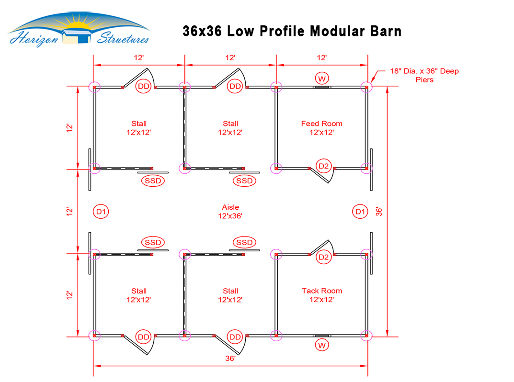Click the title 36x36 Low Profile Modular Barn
[x=292, y=31]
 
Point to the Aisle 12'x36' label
[x=230, y=212]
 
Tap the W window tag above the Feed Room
[x=321, y=78]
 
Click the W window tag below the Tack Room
[x=321, y=345]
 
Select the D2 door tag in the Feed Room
[x=324, y=166]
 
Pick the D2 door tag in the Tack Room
[x=324, y=257]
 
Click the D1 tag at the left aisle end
[x=100, y=211]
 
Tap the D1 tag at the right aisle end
[x=360, y=211]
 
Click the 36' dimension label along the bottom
[x=230, y=358]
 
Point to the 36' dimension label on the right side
[x=379, y=211]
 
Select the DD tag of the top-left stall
[x=143, y=86]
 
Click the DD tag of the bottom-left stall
[x=143, y=337]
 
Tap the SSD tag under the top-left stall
[x=152, y=180]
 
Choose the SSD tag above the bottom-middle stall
[x=244, y=242]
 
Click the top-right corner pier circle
[x=366, y=87]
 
